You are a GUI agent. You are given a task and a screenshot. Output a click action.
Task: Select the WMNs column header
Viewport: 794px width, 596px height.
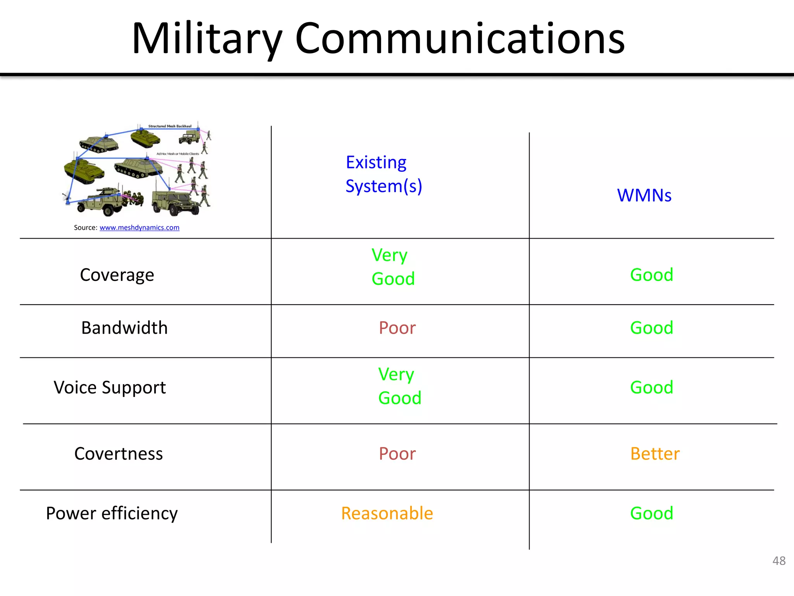tap(644, 195)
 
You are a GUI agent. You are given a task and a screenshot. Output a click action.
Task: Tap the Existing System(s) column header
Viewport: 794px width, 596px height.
tap(383, 174)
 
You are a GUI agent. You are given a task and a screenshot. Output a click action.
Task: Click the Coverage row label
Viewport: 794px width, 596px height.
tap(117, 275)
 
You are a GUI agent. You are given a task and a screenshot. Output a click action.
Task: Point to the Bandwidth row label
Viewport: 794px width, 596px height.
tap(124, 328)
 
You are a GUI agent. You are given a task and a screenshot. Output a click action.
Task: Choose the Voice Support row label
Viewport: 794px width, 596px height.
tap(110, 388)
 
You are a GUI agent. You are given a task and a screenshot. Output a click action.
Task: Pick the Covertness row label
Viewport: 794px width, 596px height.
tap(118, 454)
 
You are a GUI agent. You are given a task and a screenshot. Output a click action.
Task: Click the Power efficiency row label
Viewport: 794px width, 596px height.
tap(112, 513)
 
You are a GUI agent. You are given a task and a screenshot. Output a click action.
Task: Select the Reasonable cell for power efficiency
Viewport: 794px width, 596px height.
tap(387, 513)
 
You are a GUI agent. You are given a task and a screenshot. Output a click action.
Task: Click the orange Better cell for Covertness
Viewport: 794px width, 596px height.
tap(655, 454)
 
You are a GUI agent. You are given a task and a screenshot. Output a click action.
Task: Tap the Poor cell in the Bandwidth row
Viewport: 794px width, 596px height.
tap(397, 328)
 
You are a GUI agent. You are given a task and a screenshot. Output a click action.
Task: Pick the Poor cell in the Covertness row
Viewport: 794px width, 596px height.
tap(397, 454)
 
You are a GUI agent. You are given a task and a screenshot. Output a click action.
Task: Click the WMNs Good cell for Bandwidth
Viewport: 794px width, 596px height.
tap(651, 328)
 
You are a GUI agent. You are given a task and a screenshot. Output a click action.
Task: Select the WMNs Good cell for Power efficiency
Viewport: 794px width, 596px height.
tap(651, 513)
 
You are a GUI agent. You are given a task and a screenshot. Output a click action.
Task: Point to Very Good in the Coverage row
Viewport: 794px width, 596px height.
tap(392, 267)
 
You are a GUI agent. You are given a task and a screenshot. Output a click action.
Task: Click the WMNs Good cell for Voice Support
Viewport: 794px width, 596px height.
tap(651, 388)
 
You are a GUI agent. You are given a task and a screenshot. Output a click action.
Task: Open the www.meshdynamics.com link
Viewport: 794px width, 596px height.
tap(139, 228)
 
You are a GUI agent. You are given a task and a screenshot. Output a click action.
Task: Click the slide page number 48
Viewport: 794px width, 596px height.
tap(778, 561)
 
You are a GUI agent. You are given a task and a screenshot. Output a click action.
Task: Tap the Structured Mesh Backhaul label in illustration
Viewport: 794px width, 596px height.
tap(170, 126)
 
